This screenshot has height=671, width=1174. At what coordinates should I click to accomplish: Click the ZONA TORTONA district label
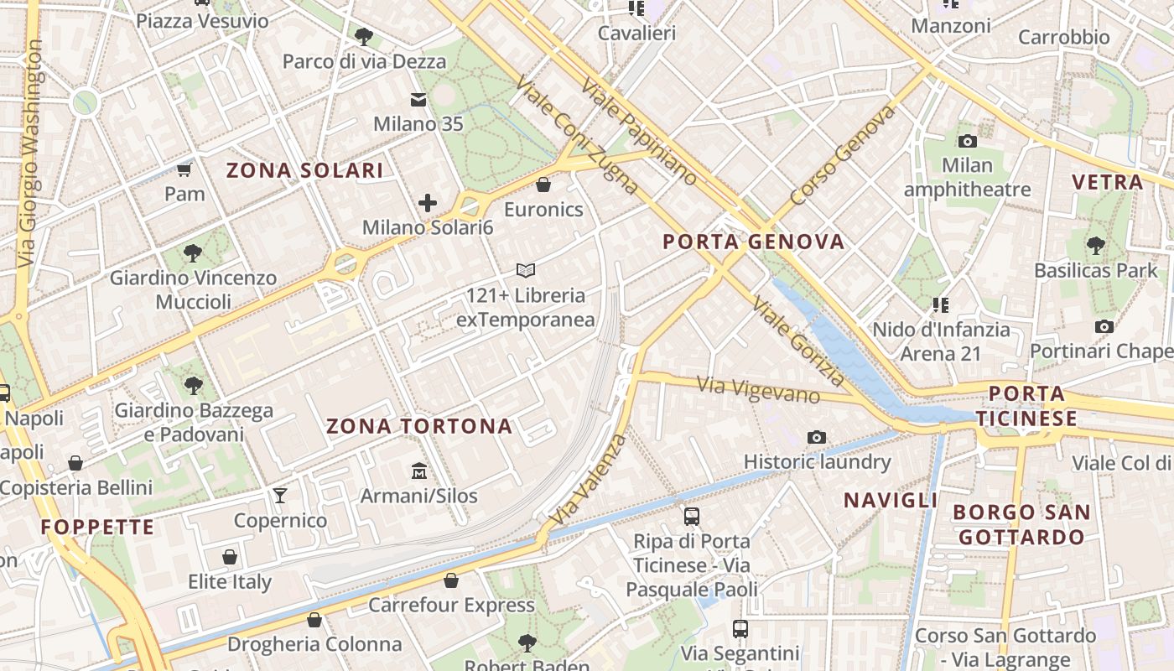tap(418, 426)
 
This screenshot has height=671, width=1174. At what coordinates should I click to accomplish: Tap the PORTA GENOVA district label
tap(753, 242)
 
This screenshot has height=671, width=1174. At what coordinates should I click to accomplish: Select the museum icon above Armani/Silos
tap(419, 471)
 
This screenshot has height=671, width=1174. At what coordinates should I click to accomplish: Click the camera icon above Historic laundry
tap(816, 437)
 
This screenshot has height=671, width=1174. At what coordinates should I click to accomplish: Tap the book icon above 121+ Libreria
tap(526, 270)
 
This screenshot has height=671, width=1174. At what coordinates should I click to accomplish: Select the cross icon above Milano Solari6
tap(428, 203)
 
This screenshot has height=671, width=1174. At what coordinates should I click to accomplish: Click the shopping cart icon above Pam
tap(184, 170)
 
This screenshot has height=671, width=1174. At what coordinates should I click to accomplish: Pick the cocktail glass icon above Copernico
tap(280, 496)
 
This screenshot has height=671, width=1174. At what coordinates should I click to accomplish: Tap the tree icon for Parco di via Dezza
tap(363, 36)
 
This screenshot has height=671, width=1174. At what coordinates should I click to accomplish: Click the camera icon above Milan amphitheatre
tap(967, 141)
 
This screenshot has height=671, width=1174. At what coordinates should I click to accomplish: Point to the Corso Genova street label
tap(842, 156)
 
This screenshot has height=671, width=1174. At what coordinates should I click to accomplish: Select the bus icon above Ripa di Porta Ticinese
tap(691, 517)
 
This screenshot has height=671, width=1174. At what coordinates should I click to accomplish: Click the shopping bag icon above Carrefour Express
tap(451, 580)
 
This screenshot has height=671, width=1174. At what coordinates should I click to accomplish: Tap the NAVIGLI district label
tap(891, 501)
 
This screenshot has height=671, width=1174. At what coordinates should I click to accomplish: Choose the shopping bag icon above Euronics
tap(543, 185)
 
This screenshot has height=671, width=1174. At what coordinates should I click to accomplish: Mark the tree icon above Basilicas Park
tap(1095, 246)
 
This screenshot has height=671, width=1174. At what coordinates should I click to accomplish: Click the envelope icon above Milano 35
tap(418, 100)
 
